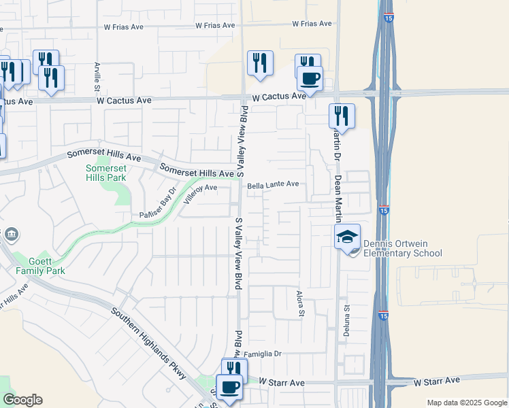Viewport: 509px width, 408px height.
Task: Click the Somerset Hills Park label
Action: tap(107, 173)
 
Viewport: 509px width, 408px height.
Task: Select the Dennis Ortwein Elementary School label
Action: tap(402, 248)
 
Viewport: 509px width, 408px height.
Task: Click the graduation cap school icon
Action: tap(347, 237)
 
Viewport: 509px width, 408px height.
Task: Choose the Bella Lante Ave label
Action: tap(273, 184)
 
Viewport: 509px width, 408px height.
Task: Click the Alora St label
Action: tap(299, 303)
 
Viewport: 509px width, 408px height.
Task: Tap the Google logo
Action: tap(22, 400)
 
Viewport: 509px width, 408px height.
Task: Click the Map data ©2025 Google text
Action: tap(467, 403)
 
